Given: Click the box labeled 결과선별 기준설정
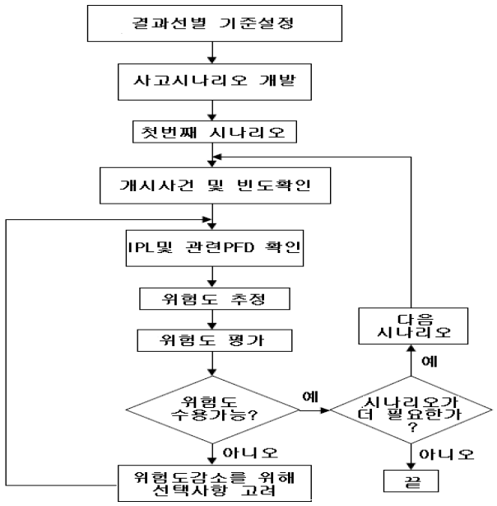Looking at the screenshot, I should click(213, 23).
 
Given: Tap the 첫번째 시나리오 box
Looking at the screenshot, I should click(213, 132).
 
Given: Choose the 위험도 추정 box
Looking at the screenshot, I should click(213, 298).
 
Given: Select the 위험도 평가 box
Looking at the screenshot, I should click(213, 339).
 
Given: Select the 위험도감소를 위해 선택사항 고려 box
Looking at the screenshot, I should click(213, 484).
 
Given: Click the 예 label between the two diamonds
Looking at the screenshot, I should click(310, 393).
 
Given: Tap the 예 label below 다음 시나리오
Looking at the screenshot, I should click(429, 361).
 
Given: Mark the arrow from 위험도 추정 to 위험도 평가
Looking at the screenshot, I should click(213, 318).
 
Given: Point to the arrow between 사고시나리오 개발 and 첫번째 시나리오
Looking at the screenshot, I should click(213, 110).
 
